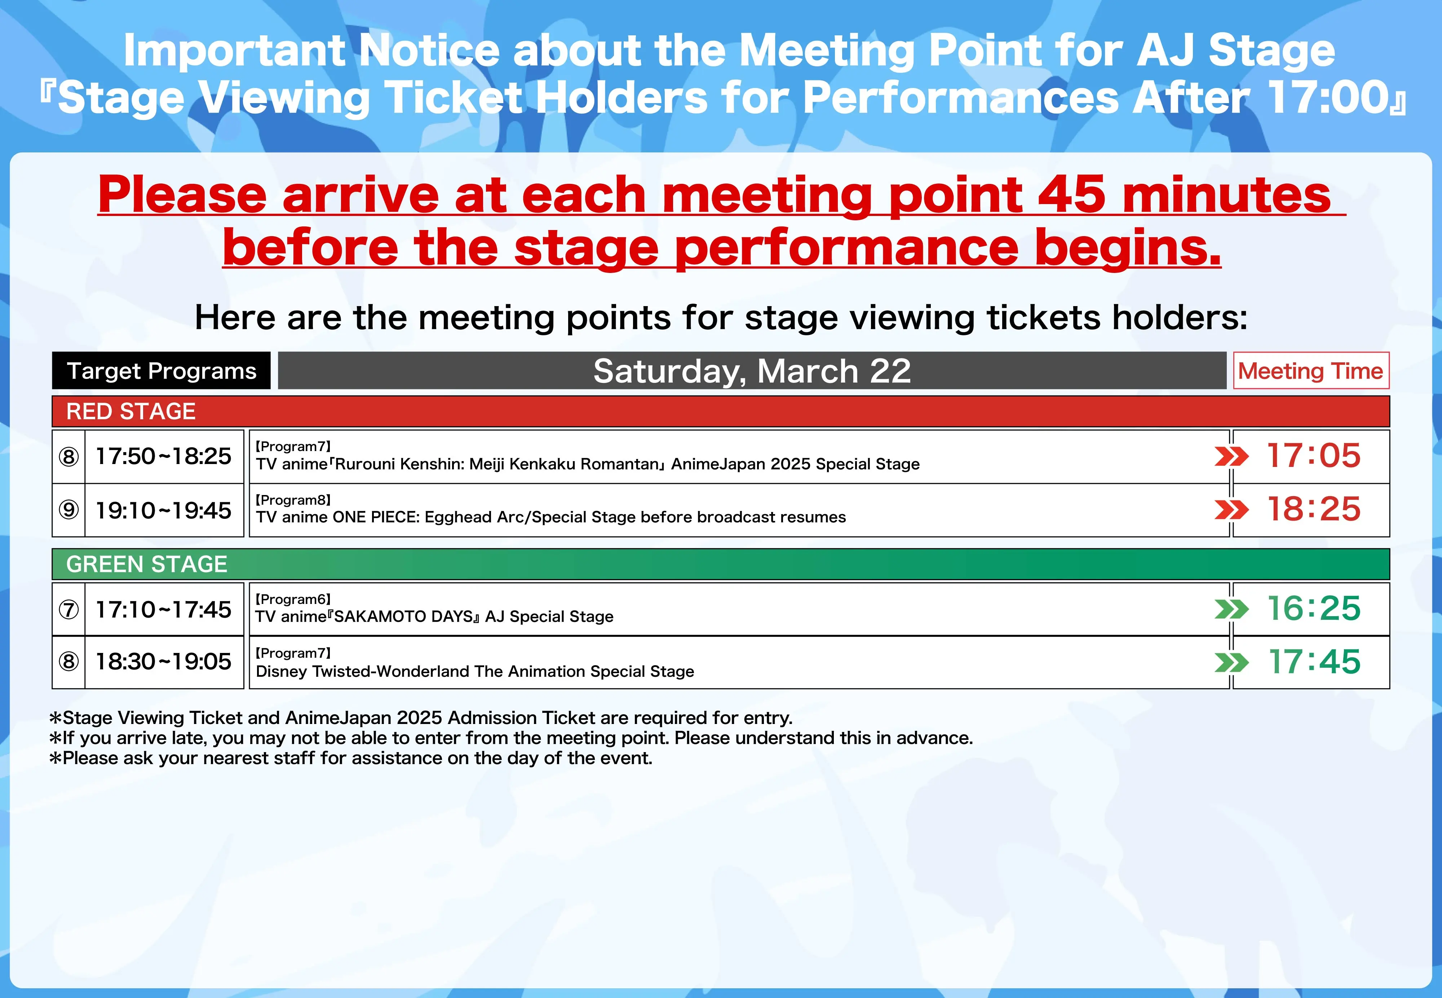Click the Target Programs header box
[161, 371]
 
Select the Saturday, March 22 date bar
[752, 371]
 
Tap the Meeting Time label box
[1311, 371]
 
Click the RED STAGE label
[131, 411]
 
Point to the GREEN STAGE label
[147, 564]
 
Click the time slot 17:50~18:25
[163, 456]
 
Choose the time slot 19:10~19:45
[163, 510]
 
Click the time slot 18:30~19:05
[163, 662]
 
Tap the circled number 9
[69, 510]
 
